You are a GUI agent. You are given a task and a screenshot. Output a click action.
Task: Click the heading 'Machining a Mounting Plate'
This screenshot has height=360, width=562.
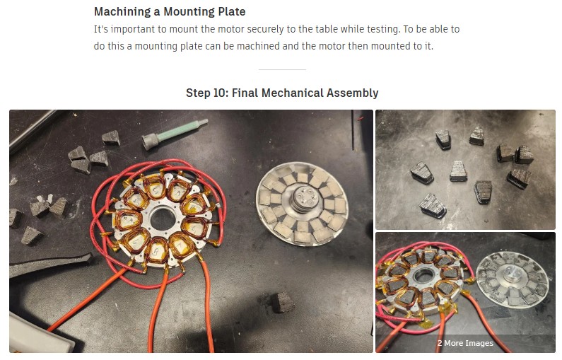(170, 12)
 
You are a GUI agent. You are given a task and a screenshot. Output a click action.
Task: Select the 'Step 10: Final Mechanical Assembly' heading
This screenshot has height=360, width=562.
(282, 93)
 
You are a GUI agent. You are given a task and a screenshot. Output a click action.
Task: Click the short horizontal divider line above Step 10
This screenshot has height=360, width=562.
(282, 69)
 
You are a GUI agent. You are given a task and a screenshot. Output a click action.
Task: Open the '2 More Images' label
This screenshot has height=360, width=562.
(464, 343)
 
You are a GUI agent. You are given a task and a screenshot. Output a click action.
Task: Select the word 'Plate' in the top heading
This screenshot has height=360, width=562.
(230, 12)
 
